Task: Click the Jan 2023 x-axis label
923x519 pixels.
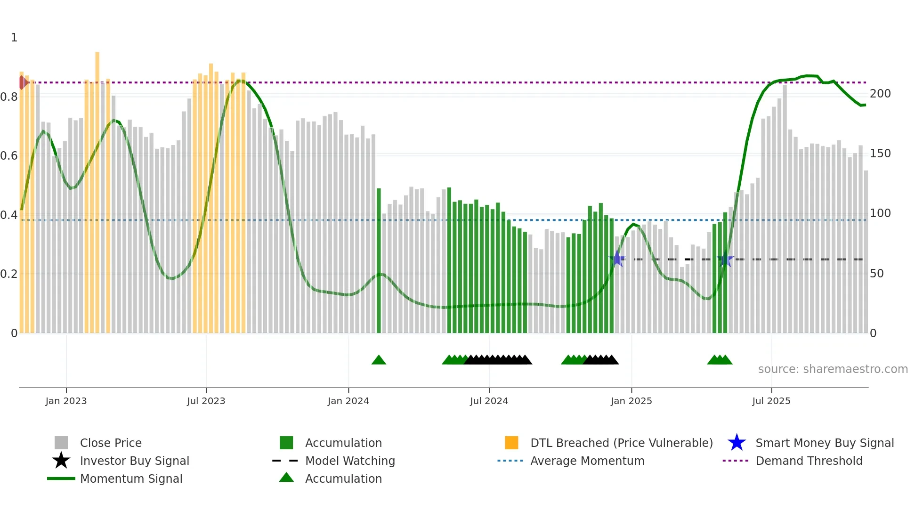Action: tap(66, 401)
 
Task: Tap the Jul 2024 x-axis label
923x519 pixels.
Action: tap(489, 401)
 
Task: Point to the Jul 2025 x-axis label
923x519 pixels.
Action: tap(771, 401)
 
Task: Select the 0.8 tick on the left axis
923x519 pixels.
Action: tap(9, 97)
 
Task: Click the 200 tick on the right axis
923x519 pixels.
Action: tap(880, 94)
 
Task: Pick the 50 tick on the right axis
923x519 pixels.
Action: tap(876, 274)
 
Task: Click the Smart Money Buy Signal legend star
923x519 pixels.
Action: tap(737, 443)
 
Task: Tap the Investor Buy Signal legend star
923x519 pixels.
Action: tap(61, 461)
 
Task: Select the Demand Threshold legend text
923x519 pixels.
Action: tap(809, 461)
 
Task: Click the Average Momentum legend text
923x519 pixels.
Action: tap(587, 461)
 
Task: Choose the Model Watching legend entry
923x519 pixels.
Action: tap(350, 461)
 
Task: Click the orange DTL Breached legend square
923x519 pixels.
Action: tap(511, 443)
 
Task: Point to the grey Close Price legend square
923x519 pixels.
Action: tap(61, 443)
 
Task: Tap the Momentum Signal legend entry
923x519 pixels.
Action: tap(131, 478)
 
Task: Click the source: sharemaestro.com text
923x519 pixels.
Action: tap(833, 369)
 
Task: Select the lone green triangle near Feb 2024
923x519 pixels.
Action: tap(379, 360)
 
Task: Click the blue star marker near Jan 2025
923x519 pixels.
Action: tap(617, 259)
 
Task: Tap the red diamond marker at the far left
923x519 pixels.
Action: tap(22, 82)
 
